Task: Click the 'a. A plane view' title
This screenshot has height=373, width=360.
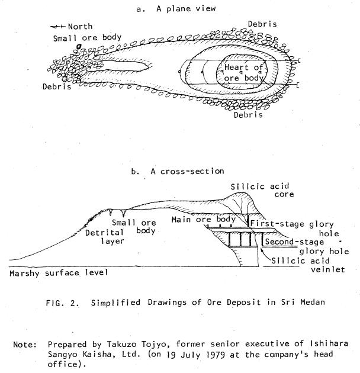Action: coord(176,9)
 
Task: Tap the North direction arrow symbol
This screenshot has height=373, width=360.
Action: coord(57,27)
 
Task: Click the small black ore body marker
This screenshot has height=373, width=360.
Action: coord(79,46)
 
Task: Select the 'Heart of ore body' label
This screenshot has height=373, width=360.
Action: coord(243,73)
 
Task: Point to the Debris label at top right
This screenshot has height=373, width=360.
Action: coord(262,24)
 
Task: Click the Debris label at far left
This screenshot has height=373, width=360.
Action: coord(57,86)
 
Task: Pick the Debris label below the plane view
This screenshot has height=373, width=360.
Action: coord(248,115)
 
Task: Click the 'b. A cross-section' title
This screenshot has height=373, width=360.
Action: coord(178,171)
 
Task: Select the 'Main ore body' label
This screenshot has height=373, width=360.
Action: coord(204,219)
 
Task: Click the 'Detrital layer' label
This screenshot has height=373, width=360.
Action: coord(105,237)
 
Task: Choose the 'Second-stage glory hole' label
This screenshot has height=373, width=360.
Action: coord(307,246)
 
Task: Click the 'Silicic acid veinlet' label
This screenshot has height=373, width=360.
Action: coord(308,265)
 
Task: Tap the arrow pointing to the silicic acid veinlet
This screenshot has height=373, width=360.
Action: coord(266,254)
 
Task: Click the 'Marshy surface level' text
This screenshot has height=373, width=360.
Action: coord(59,273)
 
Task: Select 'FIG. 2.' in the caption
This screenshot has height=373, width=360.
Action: coord(62,303)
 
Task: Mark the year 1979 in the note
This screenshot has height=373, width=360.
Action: coord(215,355)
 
